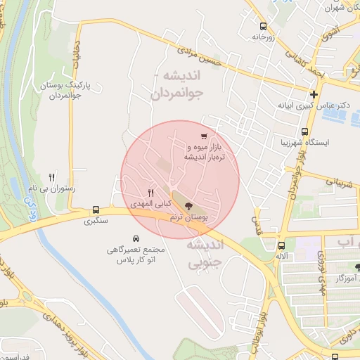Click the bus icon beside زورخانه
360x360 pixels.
point(263,23)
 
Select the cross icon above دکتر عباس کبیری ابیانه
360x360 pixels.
point(314,94)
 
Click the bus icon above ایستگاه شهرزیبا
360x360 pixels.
point(304,131)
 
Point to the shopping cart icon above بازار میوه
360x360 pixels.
point(203,136)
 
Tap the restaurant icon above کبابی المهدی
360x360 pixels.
point(150,192)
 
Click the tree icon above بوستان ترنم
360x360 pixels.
point(188,207)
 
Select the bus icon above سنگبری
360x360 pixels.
point(96,210)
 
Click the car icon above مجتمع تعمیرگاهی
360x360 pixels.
point(136,239)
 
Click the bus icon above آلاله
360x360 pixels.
point(281,245)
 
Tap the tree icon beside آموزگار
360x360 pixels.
point(357,267)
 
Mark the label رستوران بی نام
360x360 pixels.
point(51,189)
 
